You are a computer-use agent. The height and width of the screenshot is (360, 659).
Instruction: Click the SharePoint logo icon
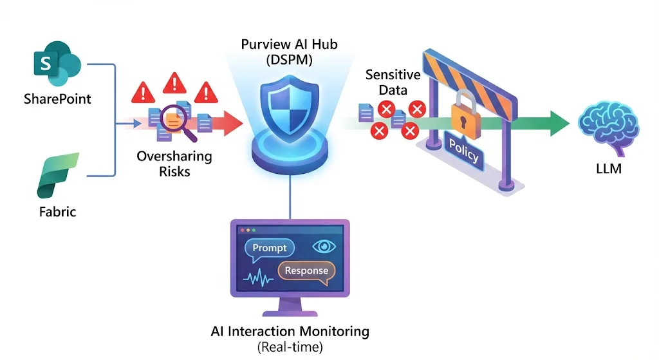[57, 64]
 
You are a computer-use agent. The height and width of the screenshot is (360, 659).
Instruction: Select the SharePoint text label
[57, 99]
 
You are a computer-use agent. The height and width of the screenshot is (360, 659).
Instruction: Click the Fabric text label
[57, 211]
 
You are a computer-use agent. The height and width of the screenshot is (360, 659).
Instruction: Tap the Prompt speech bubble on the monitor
[270, 248]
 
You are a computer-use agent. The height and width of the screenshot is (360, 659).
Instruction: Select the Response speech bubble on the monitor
[306, 270]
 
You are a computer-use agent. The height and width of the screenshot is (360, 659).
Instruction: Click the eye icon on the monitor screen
[323, 247]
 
